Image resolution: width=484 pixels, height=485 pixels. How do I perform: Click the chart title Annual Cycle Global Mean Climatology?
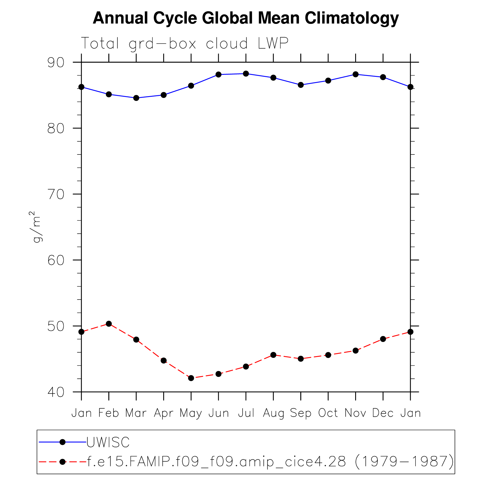click(x=246, y=18)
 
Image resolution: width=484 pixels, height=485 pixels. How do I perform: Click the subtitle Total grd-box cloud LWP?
click(x=185, y=44)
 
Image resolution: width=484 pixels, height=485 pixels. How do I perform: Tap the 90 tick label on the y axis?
click(x=56, y=63)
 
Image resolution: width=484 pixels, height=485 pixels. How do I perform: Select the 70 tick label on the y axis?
click(x=56, y=195)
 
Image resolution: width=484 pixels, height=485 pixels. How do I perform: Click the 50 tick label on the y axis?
click(x=56, y=326)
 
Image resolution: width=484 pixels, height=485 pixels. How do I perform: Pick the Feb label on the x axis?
click(x=109, y=413)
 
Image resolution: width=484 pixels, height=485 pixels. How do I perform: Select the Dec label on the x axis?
click(x=383, y=413)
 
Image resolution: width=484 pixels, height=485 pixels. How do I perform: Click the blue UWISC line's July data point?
click(x=246, y=74)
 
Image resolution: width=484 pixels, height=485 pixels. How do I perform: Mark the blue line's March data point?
click(x=136, y=98)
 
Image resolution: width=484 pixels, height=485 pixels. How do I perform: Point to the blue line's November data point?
click(x=355, y=74)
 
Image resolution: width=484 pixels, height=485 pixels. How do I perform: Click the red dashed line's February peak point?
click(x=109, y=323)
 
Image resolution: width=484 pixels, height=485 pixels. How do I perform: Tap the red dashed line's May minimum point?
click(x=191, y=378)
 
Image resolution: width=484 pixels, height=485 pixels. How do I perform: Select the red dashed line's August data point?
click(x=273, y=355)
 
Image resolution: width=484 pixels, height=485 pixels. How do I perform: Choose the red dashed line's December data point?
click(x=383, y=339)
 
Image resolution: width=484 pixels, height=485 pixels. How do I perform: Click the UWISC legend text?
click(x=108, y=442)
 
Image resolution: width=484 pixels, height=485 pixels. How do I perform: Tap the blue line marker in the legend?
click(x=63, y=442)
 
